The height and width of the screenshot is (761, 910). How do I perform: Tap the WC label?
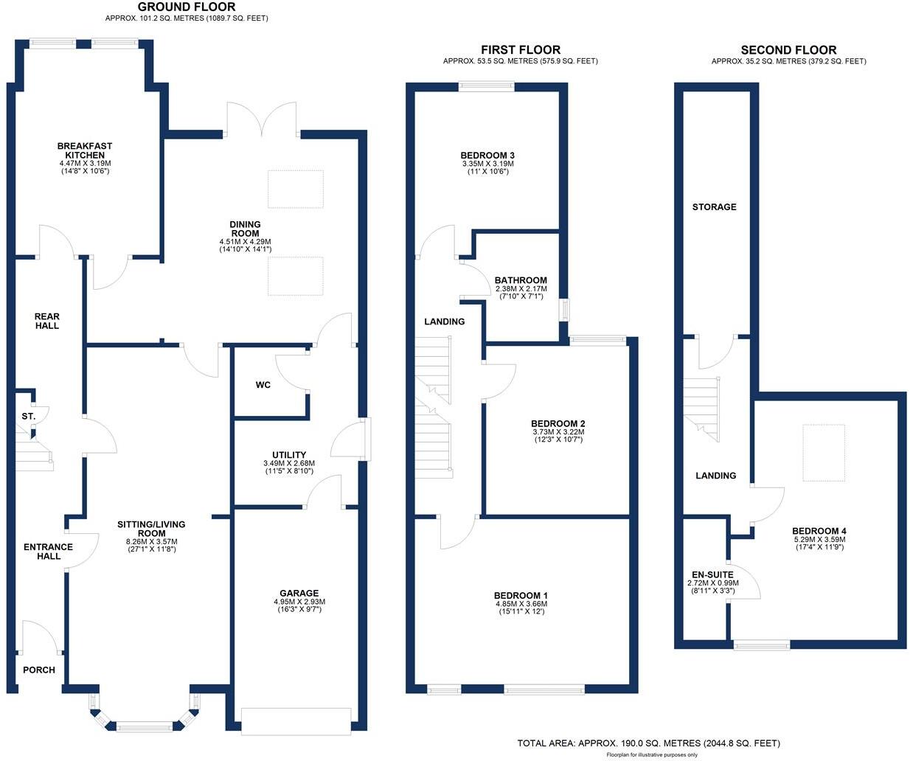263,385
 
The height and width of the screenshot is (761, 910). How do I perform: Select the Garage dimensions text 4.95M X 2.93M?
299,602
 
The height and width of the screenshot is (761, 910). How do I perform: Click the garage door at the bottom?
296,720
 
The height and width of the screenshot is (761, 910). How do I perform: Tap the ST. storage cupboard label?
28,417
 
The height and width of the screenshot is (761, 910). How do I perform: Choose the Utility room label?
288,455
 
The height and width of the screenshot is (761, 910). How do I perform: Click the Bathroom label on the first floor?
521,280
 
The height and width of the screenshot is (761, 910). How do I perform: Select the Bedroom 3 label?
487,155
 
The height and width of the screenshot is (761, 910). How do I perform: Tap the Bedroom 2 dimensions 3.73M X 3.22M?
558,432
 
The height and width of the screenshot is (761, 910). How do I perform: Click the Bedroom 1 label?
521,595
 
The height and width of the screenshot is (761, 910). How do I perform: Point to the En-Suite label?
712,574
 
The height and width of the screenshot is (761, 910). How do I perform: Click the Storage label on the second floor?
714,207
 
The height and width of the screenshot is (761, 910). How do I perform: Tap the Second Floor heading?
788,50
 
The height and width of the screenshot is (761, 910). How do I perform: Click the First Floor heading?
520,50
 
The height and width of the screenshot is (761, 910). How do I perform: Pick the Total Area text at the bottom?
648,743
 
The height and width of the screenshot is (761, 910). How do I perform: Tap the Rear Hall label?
46,321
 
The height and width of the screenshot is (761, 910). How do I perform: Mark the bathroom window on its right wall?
565,310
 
